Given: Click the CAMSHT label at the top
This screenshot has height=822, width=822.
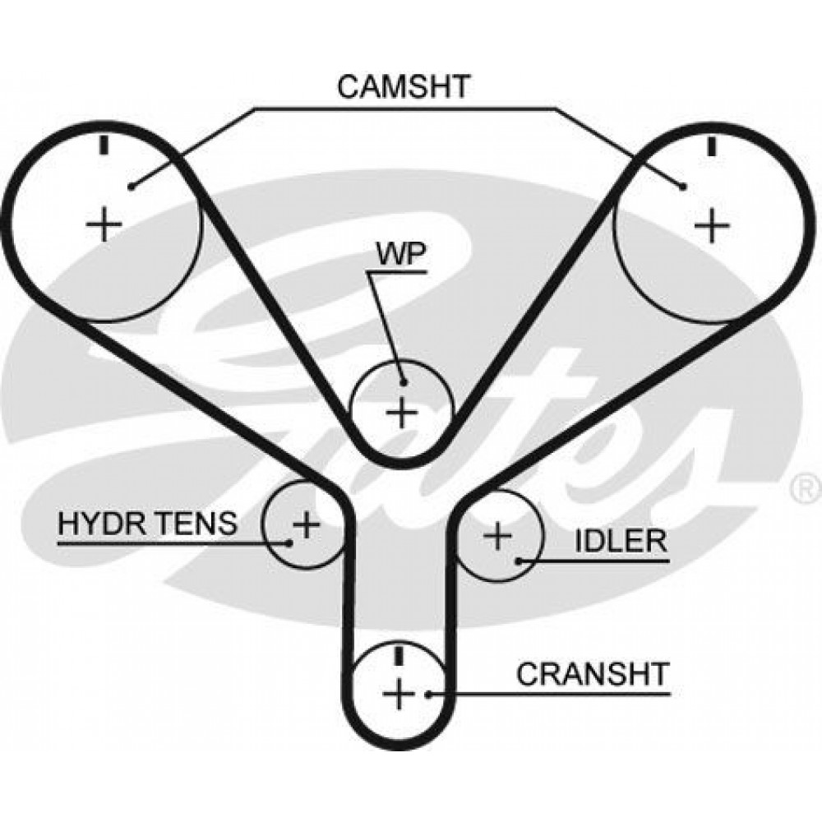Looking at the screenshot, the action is pos(403,86).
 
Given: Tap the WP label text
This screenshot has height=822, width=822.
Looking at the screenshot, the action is pos(402,256).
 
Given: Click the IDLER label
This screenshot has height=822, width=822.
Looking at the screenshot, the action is pos(621,541).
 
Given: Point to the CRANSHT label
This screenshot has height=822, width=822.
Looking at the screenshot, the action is pos(593,674).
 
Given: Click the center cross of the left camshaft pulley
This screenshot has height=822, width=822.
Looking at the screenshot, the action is pos(104,224).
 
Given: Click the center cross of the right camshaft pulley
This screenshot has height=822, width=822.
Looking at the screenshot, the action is pos(711,226).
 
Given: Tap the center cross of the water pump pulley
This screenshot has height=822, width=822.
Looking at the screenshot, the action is pos(402,413).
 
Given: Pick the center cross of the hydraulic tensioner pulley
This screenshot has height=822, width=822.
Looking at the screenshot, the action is pos(306,524).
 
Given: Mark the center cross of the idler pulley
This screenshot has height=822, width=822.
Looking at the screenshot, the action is pos(497,536).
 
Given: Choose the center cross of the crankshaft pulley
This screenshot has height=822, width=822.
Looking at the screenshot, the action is pos(399,694).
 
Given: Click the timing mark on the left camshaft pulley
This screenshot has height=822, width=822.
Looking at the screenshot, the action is pos(104,145).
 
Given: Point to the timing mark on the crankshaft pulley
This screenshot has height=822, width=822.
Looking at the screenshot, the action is pos(399,655).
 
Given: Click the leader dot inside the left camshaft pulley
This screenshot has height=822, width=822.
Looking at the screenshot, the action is pos(131,186).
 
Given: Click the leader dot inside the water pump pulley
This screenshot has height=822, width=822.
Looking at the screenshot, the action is pos(403,382).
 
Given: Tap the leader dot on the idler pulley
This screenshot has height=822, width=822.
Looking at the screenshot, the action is pos(518,561).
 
